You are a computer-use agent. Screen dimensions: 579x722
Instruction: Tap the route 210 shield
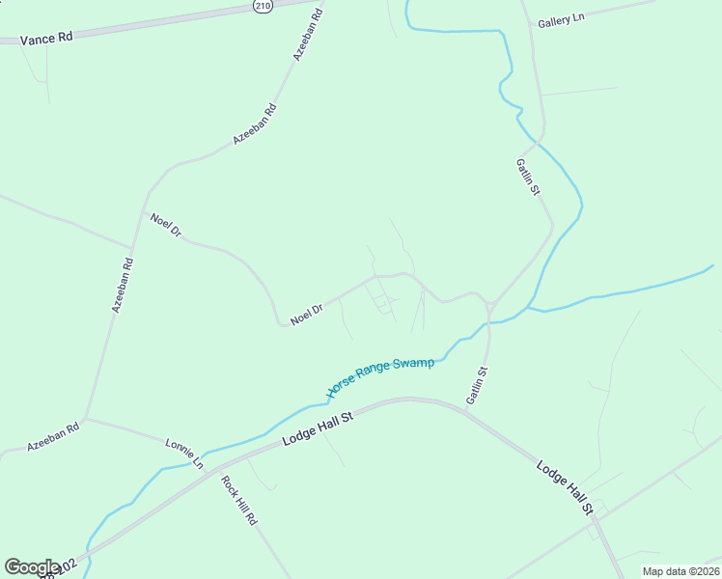point(264,7)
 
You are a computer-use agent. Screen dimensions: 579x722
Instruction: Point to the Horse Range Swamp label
point(380,374)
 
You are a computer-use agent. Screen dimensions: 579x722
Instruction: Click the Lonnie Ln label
point(184,454)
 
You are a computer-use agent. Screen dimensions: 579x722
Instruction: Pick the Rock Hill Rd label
point(238,500)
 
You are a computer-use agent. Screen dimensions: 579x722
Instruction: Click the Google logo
point(32,567)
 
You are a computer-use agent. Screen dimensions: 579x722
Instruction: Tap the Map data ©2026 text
point(680,571)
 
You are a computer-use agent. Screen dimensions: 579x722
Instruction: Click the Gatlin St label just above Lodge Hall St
point(477,384)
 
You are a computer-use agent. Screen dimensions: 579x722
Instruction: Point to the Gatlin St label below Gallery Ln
point(527,178)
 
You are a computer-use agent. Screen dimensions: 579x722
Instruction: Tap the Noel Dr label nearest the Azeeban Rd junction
point(165,224)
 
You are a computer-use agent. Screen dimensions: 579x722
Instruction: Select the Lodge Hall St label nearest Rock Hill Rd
point(319,426)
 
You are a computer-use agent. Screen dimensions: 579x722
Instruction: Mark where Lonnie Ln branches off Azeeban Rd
point(86,419)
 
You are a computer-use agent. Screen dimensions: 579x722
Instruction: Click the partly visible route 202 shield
point(58,571)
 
